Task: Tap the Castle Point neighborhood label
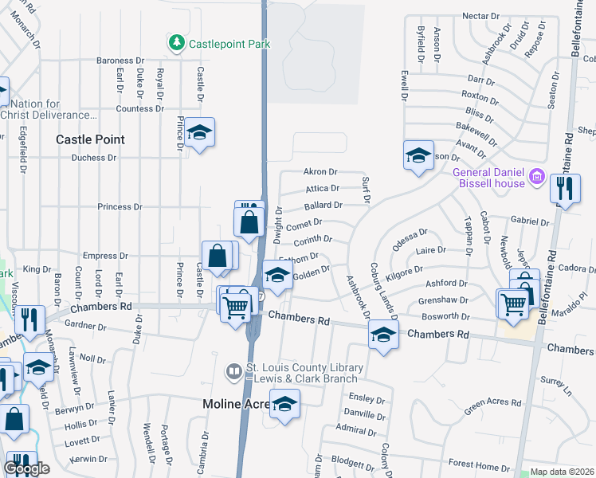point(90,139)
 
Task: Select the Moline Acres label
point(232,404)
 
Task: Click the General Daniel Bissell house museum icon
point(537,176)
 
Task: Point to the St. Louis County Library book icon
point(233,371)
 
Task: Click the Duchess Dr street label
point(93,158)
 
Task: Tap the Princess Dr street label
point(119,207)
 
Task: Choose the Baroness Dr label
point(119,61)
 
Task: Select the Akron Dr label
point(321,171)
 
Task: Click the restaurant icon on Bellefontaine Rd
point(565,190)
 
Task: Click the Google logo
point(26,468)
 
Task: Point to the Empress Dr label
point(100,256)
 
